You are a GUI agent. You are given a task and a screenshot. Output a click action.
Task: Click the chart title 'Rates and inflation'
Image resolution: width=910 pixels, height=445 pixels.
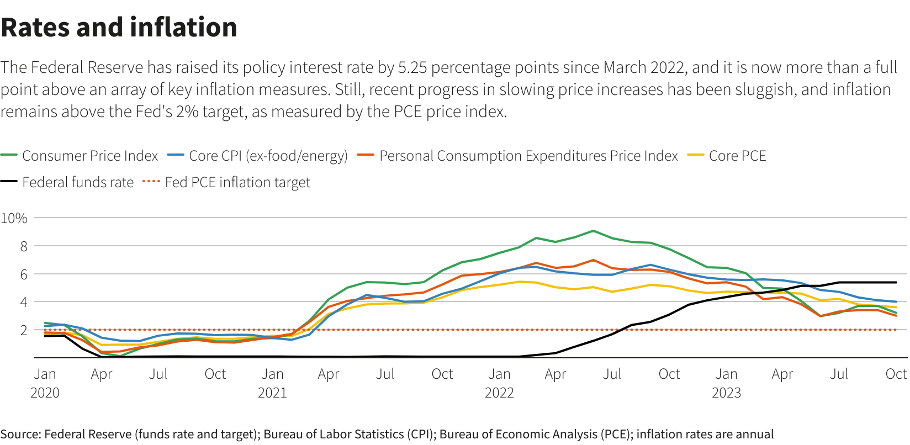119,28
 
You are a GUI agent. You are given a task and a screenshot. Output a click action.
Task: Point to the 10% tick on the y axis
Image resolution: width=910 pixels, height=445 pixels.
14,218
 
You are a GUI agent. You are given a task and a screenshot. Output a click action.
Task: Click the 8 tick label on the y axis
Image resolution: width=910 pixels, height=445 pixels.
24,246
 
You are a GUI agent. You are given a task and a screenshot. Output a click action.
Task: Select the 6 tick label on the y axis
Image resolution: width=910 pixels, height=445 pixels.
24,274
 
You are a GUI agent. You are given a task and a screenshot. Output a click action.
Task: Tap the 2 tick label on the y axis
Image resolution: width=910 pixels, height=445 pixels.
24,330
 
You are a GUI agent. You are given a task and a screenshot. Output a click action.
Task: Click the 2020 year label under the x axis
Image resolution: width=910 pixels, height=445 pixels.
45,393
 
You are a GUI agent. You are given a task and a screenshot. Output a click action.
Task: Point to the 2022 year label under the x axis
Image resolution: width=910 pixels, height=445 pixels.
499,393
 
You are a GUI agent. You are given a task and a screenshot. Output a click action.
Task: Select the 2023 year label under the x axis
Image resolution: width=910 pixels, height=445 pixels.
726,393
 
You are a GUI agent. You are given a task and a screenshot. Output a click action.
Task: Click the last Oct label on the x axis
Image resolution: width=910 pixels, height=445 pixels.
896,374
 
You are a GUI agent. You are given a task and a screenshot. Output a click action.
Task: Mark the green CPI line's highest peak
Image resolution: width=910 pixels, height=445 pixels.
593,231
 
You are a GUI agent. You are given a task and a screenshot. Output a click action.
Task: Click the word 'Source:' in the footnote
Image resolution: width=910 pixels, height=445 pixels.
20,435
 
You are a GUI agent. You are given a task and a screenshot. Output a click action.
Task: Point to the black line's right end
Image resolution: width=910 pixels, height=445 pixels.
896,283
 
